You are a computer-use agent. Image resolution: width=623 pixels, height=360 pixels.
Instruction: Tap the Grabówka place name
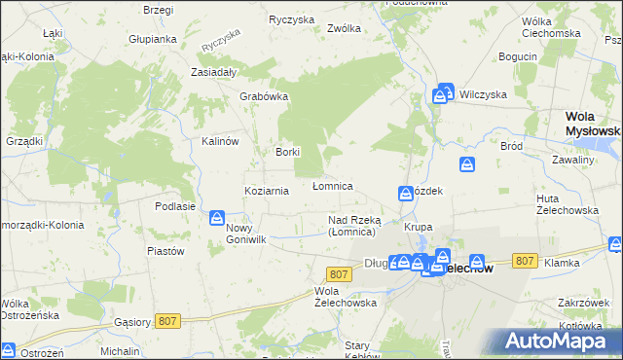[261, 97]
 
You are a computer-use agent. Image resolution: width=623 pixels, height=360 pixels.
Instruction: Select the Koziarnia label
[267, 191]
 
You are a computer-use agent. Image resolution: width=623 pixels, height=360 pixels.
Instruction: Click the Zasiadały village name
[215, 73]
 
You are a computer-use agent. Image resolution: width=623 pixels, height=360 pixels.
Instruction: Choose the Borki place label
[287, 152]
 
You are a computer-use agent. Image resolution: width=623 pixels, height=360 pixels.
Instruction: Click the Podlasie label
[175, 206]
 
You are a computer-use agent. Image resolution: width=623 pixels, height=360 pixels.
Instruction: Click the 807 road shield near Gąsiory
[167, 321]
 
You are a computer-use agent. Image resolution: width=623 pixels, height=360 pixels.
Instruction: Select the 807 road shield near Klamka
[525, 261]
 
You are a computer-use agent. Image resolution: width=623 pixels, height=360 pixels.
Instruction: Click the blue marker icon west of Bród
[467, 164]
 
